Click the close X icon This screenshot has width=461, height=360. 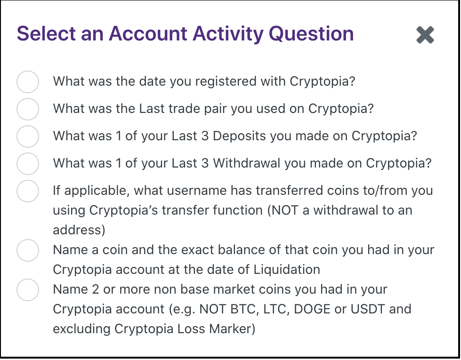coord(425,35)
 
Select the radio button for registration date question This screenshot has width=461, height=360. coord(28,82)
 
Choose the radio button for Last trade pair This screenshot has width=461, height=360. coord(28,109)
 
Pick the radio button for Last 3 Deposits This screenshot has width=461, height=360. coord(28,136)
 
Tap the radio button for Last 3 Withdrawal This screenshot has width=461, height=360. coord(28,164)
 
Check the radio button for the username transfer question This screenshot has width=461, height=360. coord(28,191)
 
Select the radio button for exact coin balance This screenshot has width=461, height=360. coord(28,250)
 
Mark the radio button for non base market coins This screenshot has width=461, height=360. coord(28,290)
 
